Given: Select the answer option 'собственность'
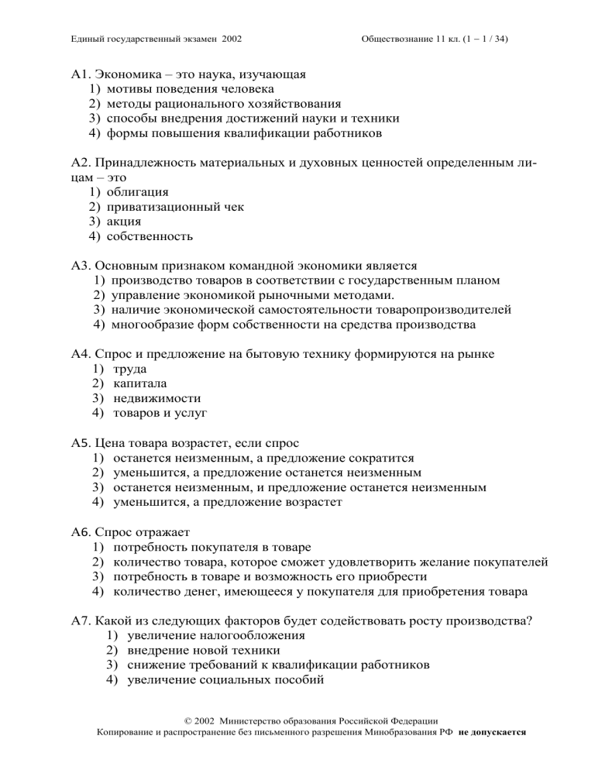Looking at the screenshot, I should tap(150, 236).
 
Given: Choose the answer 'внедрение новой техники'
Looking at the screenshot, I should tap(194, 650).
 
